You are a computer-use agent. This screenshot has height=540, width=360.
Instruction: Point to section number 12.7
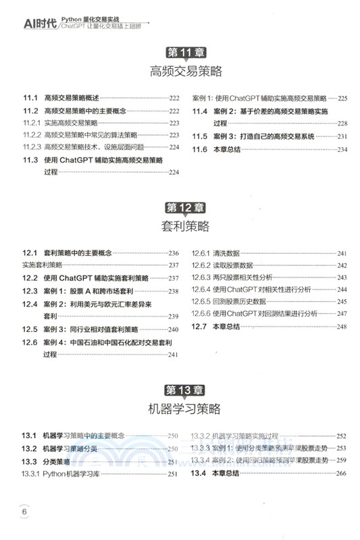pos(201,327)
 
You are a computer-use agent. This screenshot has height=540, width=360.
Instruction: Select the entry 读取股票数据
pos(232,265)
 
